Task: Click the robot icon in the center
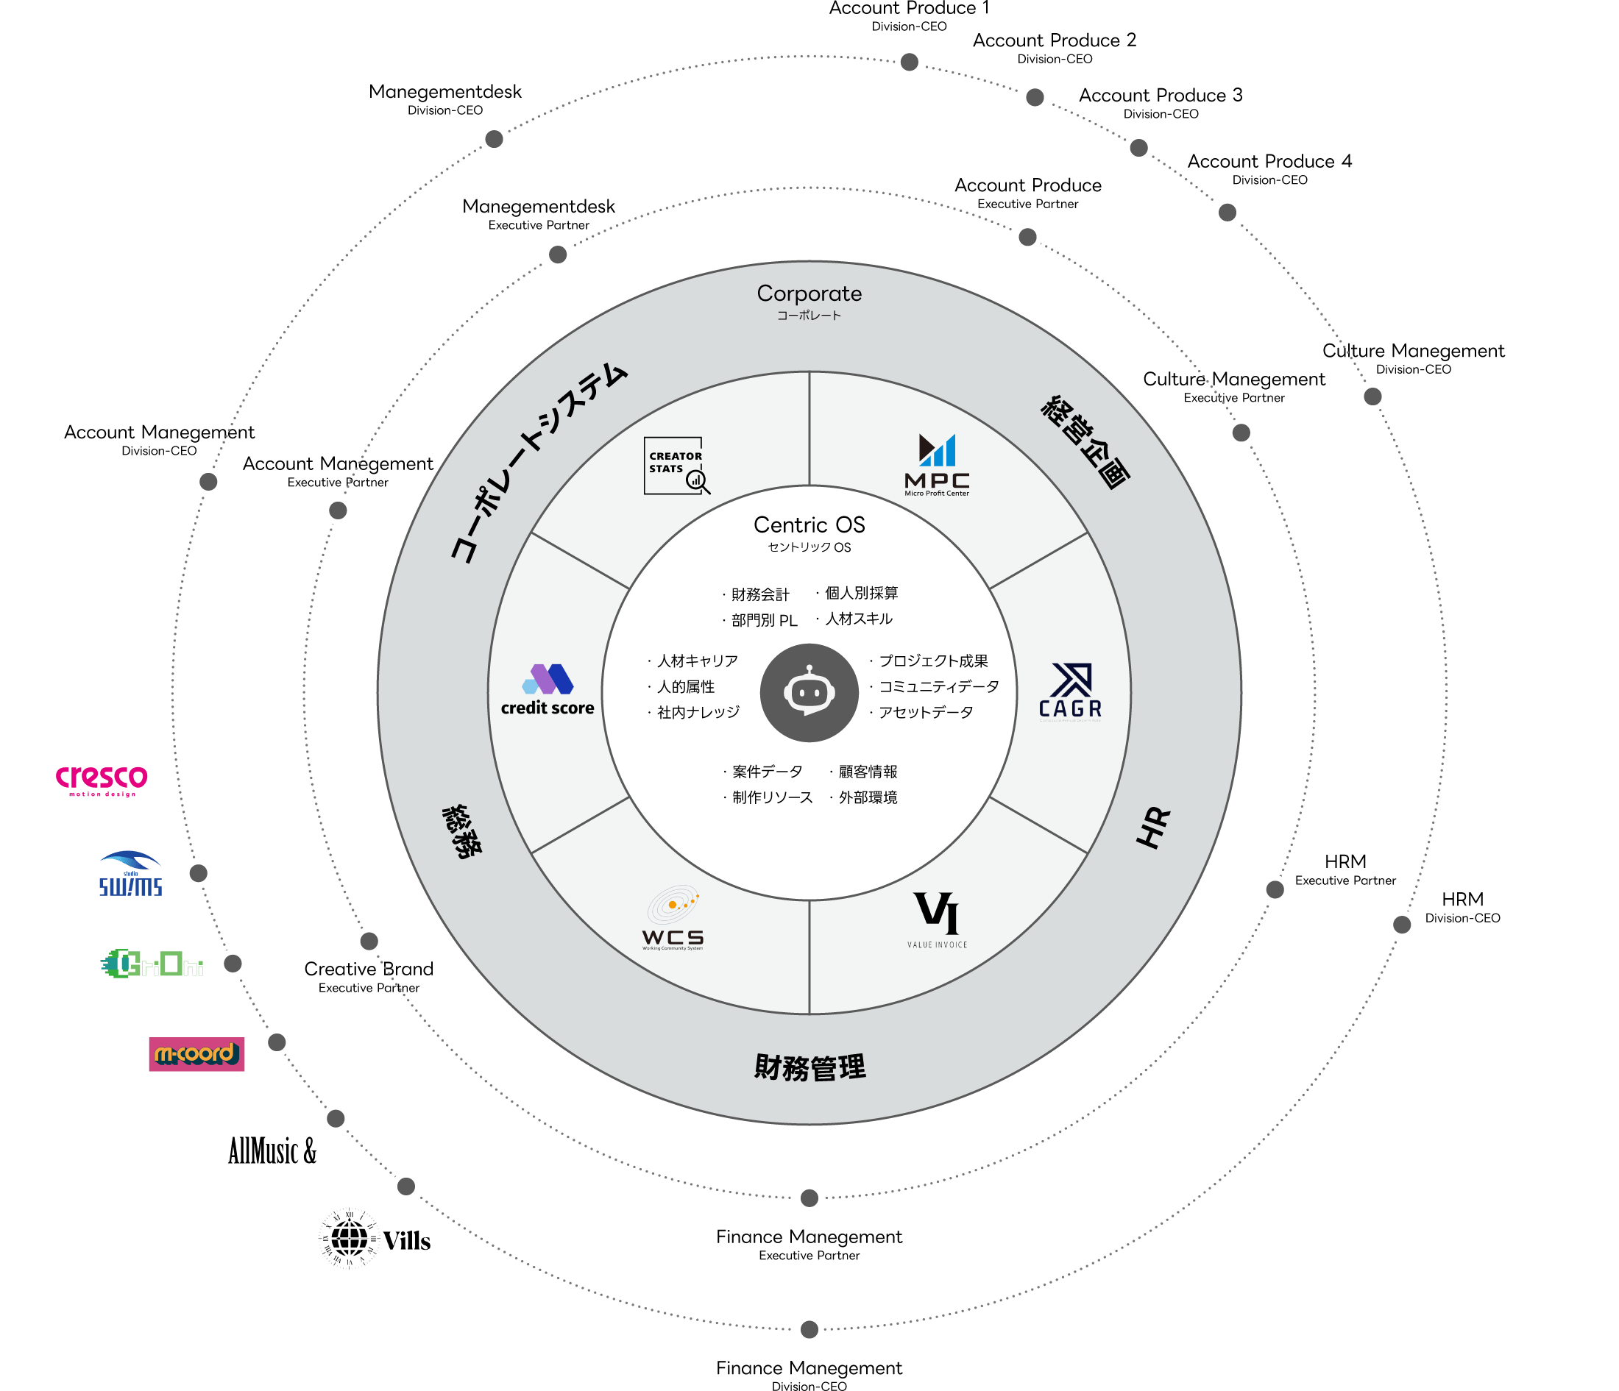(809, 692)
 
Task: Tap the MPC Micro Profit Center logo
(936, 465)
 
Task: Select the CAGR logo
(1070, 691)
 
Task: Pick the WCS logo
(673, 919)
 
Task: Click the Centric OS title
(809, 525)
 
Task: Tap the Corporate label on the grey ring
(809, 294)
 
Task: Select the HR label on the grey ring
(1153, 828)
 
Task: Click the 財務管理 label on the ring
(809, 1067)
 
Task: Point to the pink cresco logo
(102, 779)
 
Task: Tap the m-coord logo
(196, 1054)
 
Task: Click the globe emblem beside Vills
(349, 1239)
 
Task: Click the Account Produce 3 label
(1161, 96)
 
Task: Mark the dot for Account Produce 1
(909, 62)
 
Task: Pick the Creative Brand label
(369, 970)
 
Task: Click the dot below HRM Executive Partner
(1275, 889)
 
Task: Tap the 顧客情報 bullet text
(868, 772)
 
